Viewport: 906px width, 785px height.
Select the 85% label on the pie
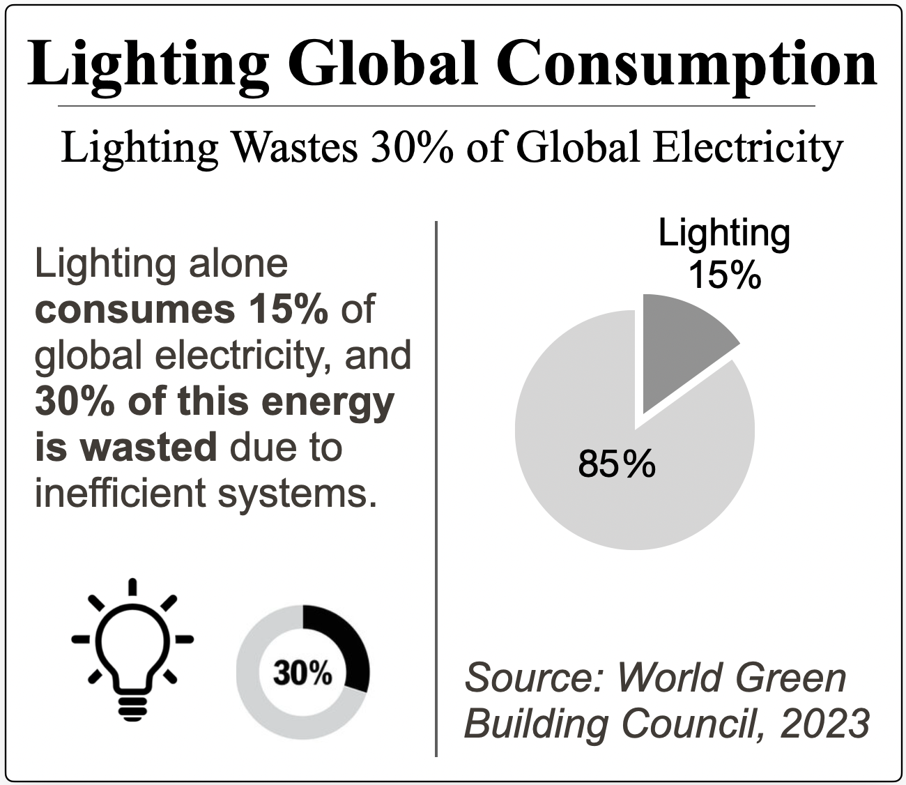coord(617,464)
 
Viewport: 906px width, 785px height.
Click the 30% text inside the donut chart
coord(302,673)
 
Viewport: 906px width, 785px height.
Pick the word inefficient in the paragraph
coord(119,493)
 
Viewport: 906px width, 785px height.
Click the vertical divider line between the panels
coord(436,488)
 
